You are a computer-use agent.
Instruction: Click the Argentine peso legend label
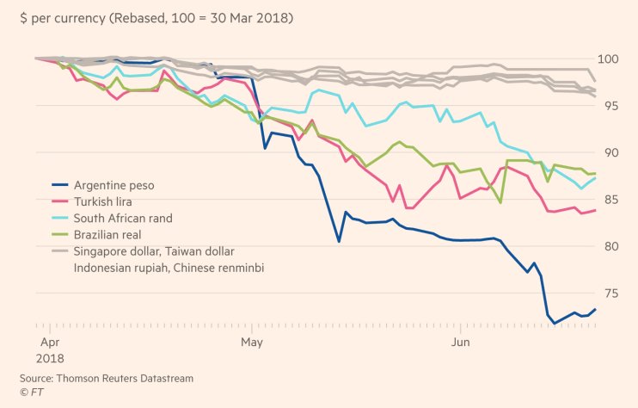(x=114, y=185)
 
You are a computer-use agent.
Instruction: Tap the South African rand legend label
(x=122, y=218)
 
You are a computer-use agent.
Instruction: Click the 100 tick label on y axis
(x=617, y=59)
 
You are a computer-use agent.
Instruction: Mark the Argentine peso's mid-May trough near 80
(x=339, y=241)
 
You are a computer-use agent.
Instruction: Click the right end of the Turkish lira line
(x=596, y=210)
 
